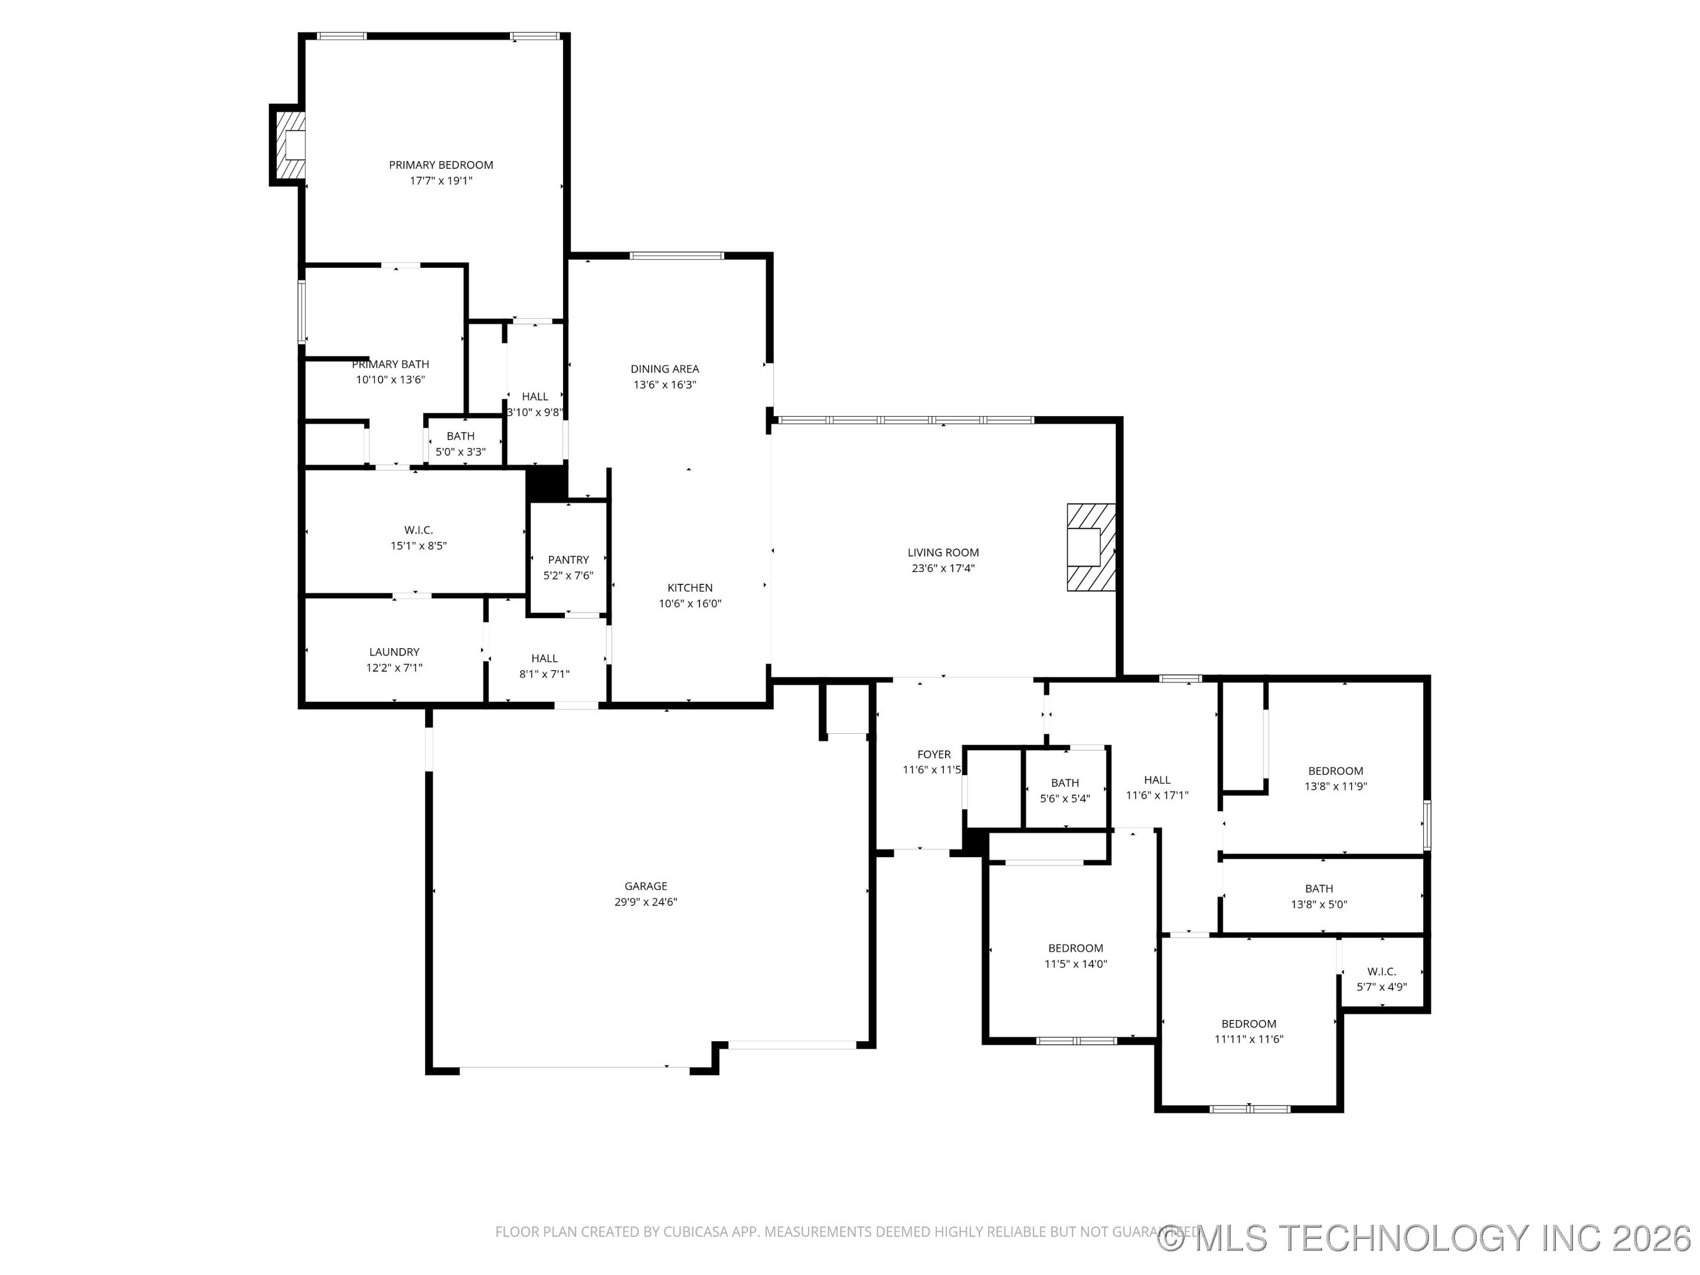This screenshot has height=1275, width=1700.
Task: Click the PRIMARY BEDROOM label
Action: click(x=440, y=165)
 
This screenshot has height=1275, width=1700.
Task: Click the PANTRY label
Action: click(x=568, y=560)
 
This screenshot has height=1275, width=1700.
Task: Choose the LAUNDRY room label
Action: click(x=394, y=652)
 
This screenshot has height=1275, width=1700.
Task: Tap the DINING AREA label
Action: click(x=665, y=369)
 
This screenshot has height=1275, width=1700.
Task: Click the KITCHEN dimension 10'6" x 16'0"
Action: click(x=689, y=603)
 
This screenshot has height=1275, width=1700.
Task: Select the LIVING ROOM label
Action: click(x=943, y=552)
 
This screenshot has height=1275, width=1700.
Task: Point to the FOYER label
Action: click(x=934, y=754)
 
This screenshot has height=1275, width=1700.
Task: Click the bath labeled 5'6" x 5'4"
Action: click(x=1064, y=790)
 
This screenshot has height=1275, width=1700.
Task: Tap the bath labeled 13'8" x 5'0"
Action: click(x=1319, y=896)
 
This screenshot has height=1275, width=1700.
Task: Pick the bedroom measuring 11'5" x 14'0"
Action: click(x=1075, y=955)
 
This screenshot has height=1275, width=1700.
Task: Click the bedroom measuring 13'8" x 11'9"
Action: click(x=1336, y=778)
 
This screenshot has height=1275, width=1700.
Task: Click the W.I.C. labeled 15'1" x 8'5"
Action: click(x=418, y=537)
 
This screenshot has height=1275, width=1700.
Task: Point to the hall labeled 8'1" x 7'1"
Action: click(x=544, y=666)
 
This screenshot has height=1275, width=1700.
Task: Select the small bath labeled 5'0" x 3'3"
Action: click(x=460, y=443)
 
